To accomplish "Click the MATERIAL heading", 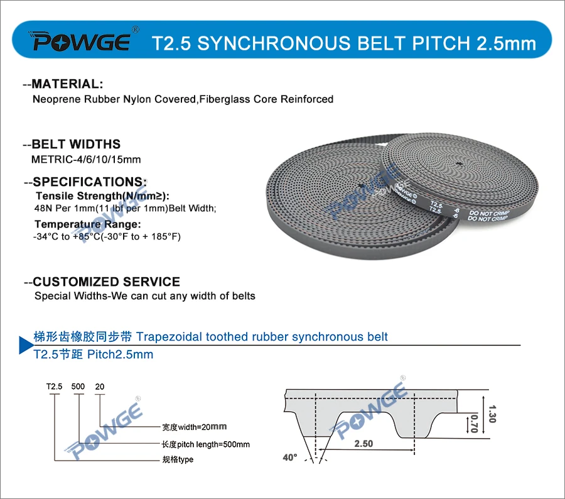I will (x=67, y=84).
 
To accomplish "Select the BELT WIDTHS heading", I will (x=76, y=144).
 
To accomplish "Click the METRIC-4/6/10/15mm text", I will (x=86, y=159).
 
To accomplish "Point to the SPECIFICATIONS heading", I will (x=90, y=182).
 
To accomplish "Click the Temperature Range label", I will (x=88, y=224).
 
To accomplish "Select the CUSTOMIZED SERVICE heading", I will (x=106, y=282).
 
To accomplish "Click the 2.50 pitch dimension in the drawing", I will (x=363, y=444).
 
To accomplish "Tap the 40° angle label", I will (x=289, y=458).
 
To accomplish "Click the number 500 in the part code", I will (x=78, y=387).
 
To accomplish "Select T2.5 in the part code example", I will (x=55, y=387).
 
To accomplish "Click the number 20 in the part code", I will (x=99, y=387).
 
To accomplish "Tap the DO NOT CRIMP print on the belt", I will (x=488, y=216).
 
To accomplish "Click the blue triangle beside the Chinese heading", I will (x=24, y=344).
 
